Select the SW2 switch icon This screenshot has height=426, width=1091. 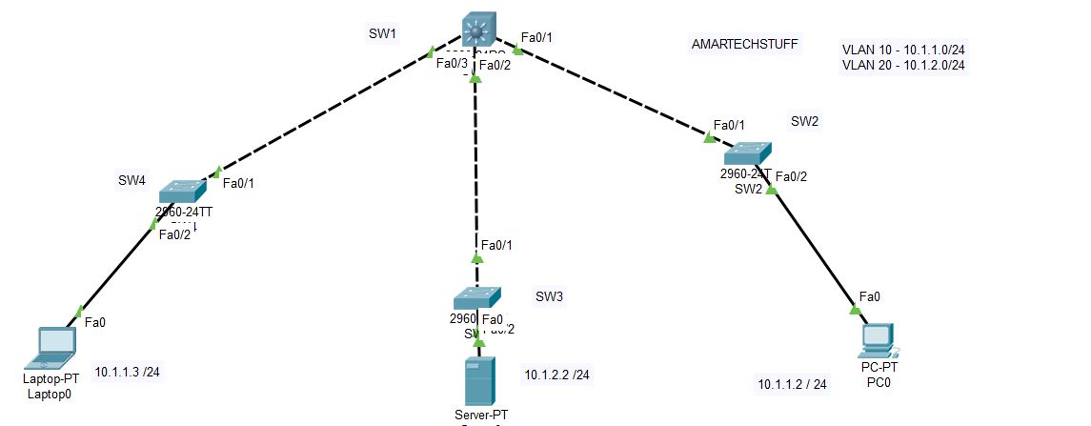point(748,153)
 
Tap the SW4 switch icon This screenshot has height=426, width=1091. point(182,189)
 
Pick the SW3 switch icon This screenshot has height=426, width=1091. point(476,296)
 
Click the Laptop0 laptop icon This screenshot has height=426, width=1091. point(54,348)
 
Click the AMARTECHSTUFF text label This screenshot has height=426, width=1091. point(745,44)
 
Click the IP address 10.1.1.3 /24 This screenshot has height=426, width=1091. point(127,371)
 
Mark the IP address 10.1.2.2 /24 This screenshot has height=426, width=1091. point(556,375)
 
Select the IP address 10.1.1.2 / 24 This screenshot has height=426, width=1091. point(792,384)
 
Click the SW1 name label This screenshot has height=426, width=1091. point(382,34)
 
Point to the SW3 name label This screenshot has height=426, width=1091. point(549,296)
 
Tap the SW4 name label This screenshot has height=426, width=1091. point(131,179)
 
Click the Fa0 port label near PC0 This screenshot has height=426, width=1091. point(869,296)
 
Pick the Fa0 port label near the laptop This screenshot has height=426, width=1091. point(95,322)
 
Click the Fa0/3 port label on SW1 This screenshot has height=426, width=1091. point(451,64)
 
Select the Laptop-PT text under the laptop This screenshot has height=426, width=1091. point(51,378)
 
